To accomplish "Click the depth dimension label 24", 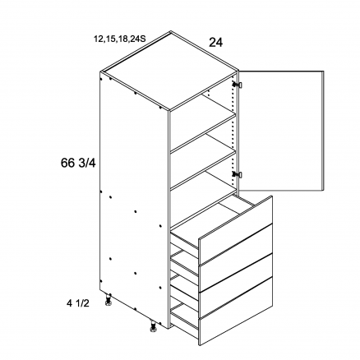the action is pyautogui.click(x=216, y=43).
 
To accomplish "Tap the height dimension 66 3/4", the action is pyautogui.click(x=78, y=164).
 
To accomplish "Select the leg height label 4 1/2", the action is pyautogui.click(x=78, y=303).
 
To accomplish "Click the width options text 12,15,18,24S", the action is pyautogui.click(x=119, y=39).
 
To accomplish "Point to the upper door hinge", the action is pyautogui.click(x=238, y=85).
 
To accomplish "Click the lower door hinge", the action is pyautogui.click(x=238, y=174).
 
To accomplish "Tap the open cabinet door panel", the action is pyautogui.click(x=281, y=131).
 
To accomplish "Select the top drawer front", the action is pyautogui.click(x=236, y=229).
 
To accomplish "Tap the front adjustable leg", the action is pyautogui.click(x=153, y=327).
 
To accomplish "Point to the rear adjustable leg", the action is pyautogui.click(x=108, y=300).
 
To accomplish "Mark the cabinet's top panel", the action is pyautogui.click(x=170, y=72).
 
